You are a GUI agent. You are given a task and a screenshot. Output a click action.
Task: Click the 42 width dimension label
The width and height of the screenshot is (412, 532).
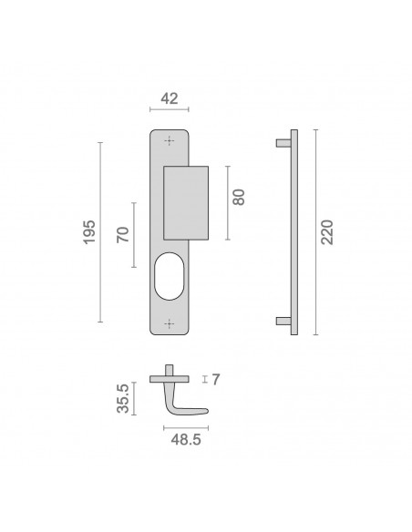pos(169,98)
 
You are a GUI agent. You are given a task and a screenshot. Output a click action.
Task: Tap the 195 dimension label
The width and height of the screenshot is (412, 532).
pos(89,231)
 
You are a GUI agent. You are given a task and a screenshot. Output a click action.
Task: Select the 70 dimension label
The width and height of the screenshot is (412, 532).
pos(123,234)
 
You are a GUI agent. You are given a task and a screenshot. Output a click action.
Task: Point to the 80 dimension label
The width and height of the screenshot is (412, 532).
pos(239,197)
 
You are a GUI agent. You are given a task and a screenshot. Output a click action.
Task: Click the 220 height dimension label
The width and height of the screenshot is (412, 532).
pos(327,232)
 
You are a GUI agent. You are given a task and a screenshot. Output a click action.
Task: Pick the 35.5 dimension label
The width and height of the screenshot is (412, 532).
pos(123,398)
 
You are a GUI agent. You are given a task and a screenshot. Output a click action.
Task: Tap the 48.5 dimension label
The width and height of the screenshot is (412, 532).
pos(186,440)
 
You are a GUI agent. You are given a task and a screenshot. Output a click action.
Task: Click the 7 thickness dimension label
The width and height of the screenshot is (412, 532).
pos(216,379)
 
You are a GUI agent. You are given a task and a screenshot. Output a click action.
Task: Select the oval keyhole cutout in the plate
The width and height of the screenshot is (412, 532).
pos(169,276)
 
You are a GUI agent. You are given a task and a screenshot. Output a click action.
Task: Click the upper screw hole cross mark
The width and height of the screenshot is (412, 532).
pos(169,140)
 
